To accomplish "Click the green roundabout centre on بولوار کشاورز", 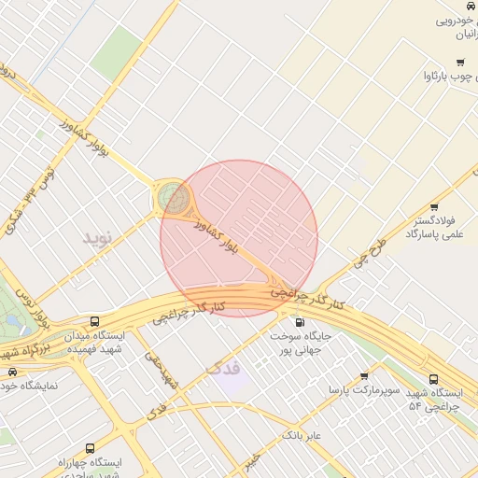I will click(173, 197).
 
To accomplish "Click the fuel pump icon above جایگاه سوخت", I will click(300, 322).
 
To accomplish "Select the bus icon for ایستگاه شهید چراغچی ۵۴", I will click(433, 379).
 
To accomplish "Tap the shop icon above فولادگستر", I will click(434, 207).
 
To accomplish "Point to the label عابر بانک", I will click(302, 435).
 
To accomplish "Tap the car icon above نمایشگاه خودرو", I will click(12, 372).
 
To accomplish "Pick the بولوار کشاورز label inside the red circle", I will click(218, 238).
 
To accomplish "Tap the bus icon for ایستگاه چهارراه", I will click(90, 448).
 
